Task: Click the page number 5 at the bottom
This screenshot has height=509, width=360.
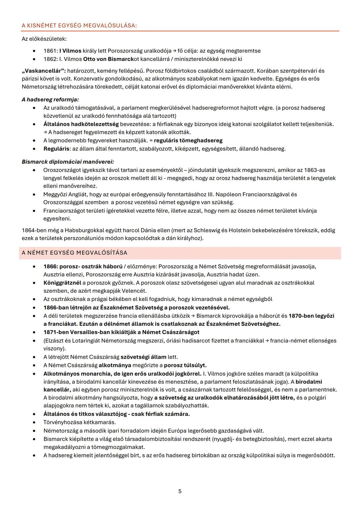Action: click(x=180, y=491)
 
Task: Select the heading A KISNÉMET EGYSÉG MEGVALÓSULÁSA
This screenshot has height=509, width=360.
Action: click(x=79, y=26)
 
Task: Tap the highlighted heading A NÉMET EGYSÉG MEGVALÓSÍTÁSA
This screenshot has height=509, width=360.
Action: click(x=74, y=253)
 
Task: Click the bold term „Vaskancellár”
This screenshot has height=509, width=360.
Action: click(x=43, y=71)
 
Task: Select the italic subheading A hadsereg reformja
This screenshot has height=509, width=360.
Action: click(x=50, y=99)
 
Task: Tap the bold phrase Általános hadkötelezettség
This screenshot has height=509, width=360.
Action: click(x=81, y=124)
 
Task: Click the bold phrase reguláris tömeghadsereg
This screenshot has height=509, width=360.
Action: click(x=188, y=140)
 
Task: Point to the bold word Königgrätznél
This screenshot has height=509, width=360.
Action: click(x=62, y=283)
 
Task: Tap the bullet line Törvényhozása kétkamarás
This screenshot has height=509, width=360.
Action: click(x=75, y=422)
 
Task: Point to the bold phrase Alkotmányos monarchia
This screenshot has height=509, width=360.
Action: click(x=74, y=373)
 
